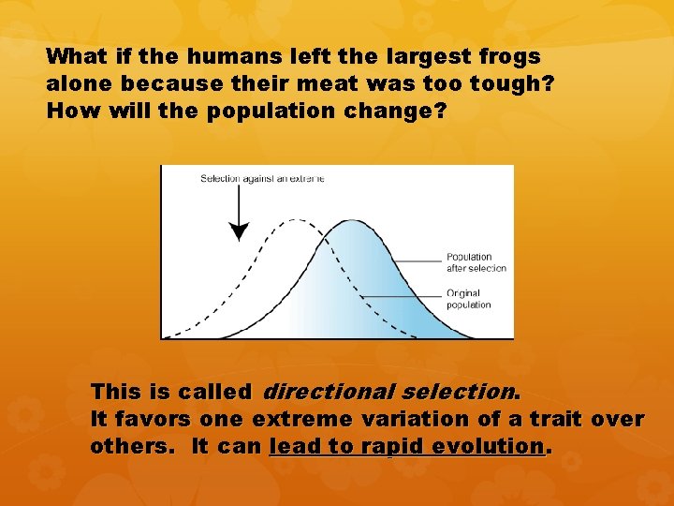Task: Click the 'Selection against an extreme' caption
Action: (x=262, y=179)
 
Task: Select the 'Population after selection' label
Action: (x=476, y=262)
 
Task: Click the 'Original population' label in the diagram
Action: (x=468, y=299)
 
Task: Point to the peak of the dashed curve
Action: (x=296, y=221)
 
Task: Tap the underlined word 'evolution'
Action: (x=492, y=446)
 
